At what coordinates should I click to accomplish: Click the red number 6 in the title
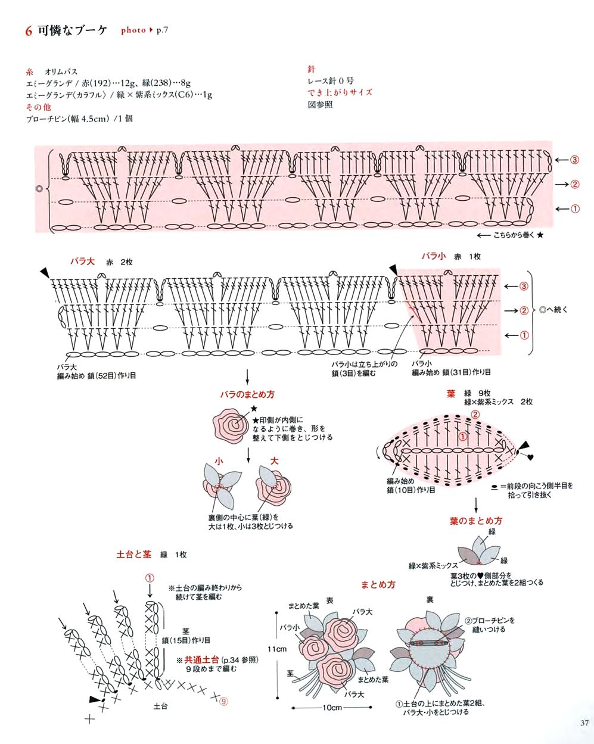pyautogui.click(x=29, y=31)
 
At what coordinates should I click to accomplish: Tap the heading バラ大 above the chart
pyautogui.click(x=82, y=261)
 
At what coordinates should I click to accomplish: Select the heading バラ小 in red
pyautogui.click(x=434, y=256)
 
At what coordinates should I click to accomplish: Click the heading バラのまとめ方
pyautogui.click(x=247, y=394)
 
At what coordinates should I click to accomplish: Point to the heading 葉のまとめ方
pyautogui.click(x=476, y=521)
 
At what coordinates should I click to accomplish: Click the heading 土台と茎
pyautogui.click(x=134, y=554)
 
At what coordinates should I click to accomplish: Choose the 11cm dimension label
pyautogui.click(x=277, y=649)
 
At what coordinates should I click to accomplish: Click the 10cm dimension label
pyautogui.click(x=332, y=707)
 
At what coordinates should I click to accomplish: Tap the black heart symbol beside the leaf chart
pyautogui.click(x=530, y=457)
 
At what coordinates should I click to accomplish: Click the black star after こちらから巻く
pyautogui.click(x=540, y=235)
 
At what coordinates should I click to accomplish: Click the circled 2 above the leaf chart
pyautogui.click(x=475, y=414)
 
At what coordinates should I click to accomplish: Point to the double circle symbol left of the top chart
pyautogui.click(x=39, y=189)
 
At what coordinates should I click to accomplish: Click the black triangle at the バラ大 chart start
pyautogui.click(x=45, y=272)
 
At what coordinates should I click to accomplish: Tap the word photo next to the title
pyautogui.click(x=133, y=30)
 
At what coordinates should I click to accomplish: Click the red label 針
pyautogui.click(x=312, y=69)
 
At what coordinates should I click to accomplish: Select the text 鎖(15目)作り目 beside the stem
pyautogui.click(x=186, y=640)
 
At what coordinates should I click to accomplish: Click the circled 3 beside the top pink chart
pyautogui.click(x=574, y=160)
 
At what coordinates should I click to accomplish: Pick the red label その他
pyautogui.click(x=39, y=107)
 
